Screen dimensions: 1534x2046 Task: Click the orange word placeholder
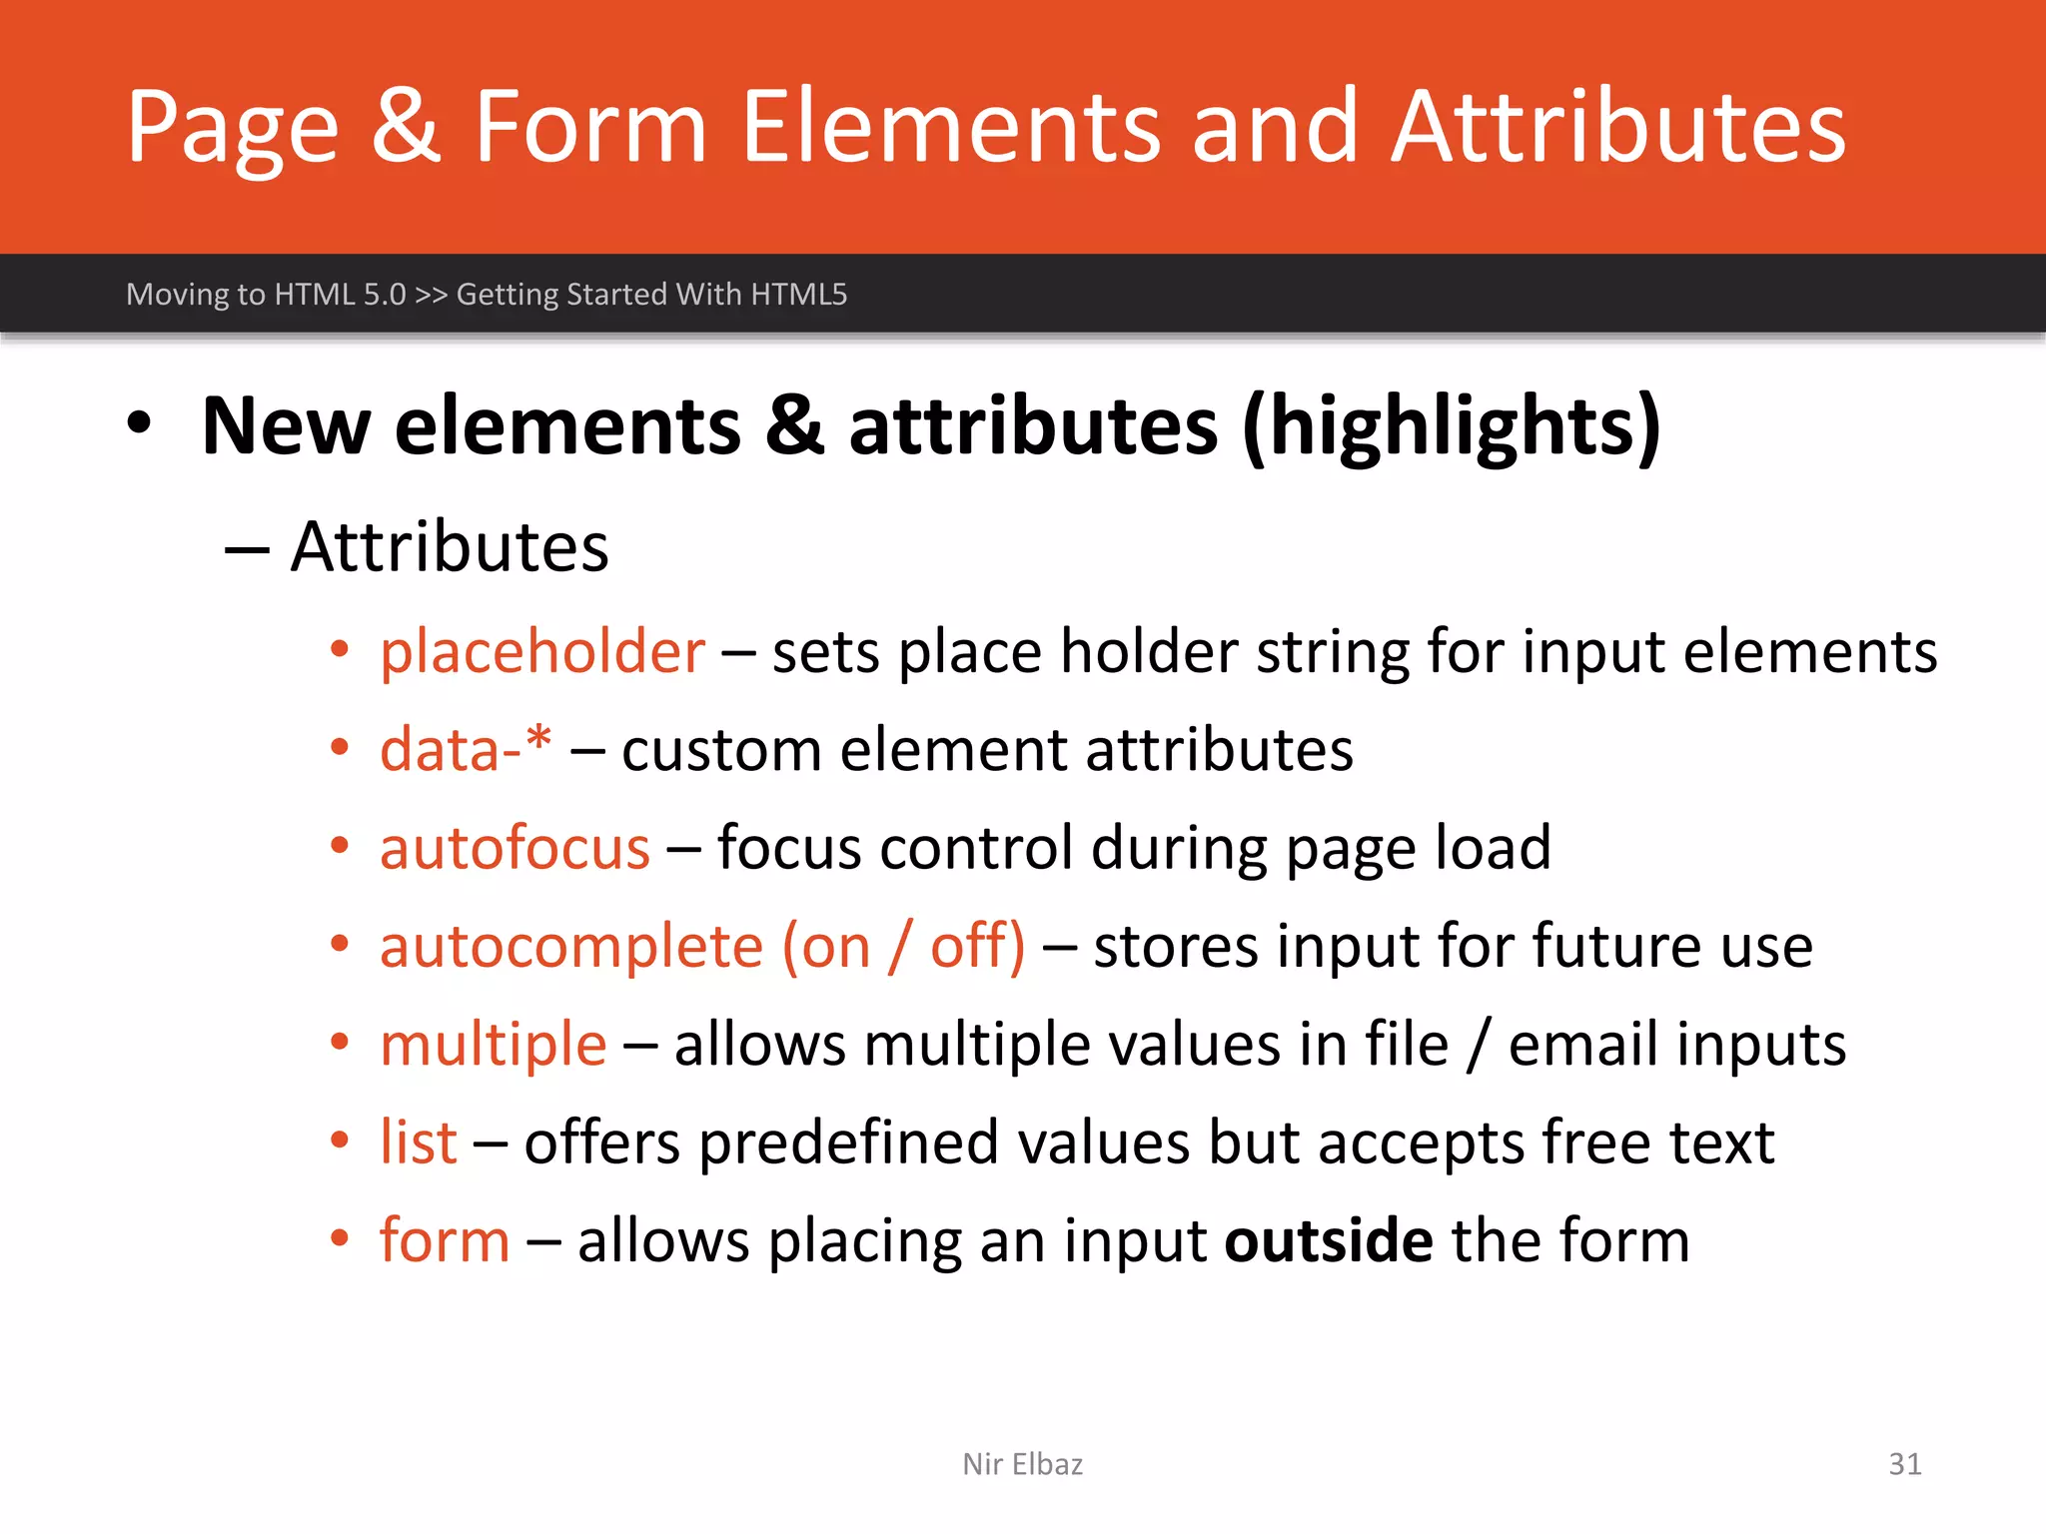point(542,653)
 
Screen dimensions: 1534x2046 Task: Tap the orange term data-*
point(466,749)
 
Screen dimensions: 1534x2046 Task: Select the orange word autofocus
point(514,848)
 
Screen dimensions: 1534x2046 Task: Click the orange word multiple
point(494,1046)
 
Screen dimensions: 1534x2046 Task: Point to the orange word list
point(418,1142)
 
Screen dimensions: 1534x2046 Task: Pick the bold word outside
point(1329,1240)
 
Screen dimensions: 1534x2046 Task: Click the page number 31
point(1904,1464)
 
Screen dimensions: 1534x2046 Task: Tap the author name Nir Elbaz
point(1022,1464)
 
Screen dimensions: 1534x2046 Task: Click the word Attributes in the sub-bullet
point(450,547)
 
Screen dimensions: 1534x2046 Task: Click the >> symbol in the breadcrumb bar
point(431,295)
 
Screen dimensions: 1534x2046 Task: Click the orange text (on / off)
point(903,946)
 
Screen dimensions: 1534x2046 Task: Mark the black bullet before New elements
point(140,423)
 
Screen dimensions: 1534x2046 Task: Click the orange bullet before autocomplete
point(340,944)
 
